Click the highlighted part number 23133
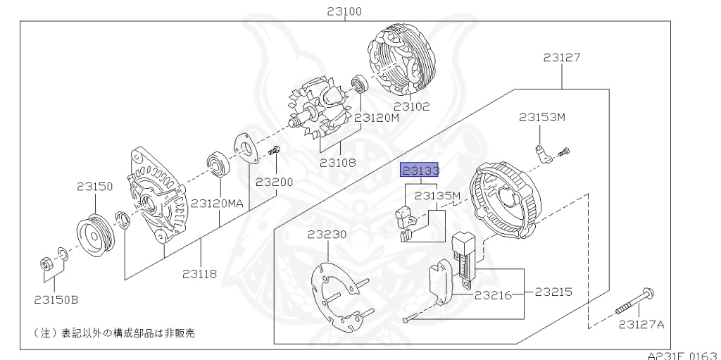pos(420,170)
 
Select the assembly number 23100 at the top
pos(344,11)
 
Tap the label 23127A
pos(641,325)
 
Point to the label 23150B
pos(56,299)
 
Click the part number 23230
pos(327,235)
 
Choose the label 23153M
pos(542,118)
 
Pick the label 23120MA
pos(217,203)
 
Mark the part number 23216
pos(494,295)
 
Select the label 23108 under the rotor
pos(338,163)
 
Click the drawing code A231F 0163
pos(684,356)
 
